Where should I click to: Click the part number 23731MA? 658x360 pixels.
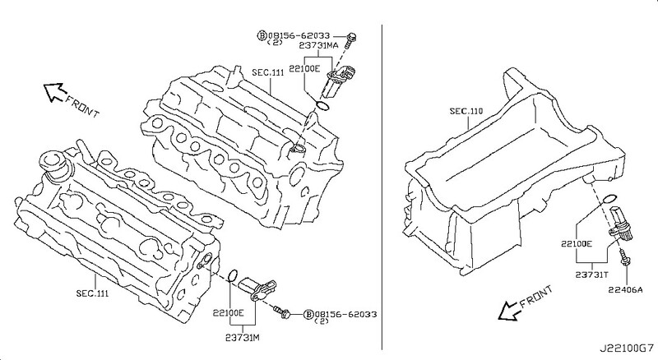(318, 45)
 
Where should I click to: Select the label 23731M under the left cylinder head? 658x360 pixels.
(242, 337)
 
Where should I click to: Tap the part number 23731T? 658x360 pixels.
(591, 275)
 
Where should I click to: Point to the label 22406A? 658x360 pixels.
(626, 289)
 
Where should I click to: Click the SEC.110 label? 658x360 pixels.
(466, 111)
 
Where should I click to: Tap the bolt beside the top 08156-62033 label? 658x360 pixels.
(351, 40)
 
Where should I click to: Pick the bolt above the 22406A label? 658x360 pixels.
(624, 256)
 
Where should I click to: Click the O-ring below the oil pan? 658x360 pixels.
(609, 198)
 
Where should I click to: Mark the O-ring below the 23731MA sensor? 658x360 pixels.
(322, 106)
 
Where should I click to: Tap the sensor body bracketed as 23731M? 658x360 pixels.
(257, 288)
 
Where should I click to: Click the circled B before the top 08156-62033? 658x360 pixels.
(262, 36)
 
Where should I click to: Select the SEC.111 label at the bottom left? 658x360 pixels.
(92, 293)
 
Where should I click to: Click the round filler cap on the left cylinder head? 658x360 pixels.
(53, 162)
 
